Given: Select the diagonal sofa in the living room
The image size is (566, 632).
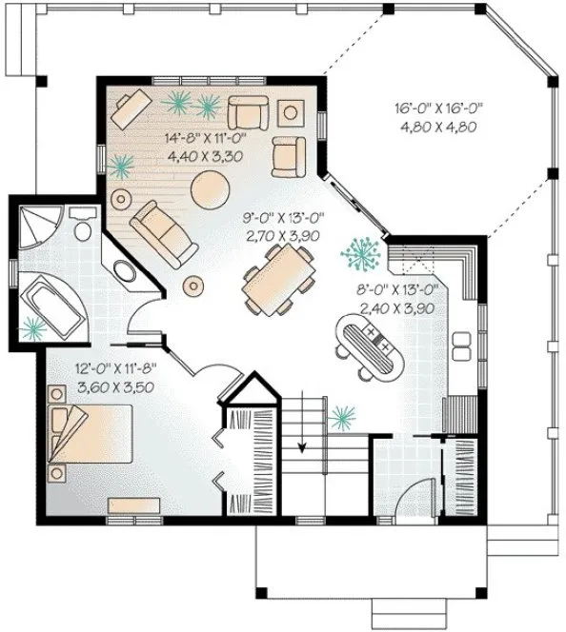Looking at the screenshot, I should [x=164, y=231].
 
